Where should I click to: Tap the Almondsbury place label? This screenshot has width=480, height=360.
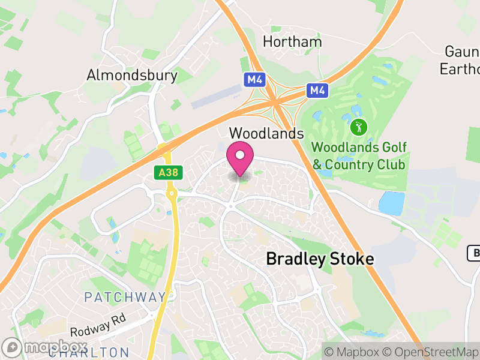point(132,75)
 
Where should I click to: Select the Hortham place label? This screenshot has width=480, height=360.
point(292,42)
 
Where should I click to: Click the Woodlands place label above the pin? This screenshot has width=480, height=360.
point(266,133)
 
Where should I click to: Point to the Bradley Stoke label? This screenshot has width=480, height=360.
point(320,259)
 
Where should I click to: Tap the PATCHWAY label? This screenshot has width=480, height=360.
point(125,297)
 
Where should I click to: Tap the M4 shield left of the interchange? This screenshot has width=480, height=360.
point(254,79)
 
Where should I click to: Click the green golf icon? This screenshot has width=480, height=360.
point(359,127)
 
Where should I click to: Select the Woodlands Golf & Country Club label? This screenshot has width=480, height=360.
point(359,155)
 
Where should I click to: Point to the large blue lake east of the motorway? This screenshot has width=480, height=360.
point(391,203)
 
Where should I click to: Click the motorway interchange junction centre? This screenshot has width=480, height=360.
point(276,101)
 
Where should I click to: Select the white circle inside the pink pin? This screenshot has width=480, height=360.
point(240,155)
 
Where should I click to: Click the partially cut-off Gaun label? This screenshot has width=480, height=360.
point(462,51)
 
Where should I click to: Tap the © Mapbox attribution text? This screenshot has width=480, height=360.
point(354,351)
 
